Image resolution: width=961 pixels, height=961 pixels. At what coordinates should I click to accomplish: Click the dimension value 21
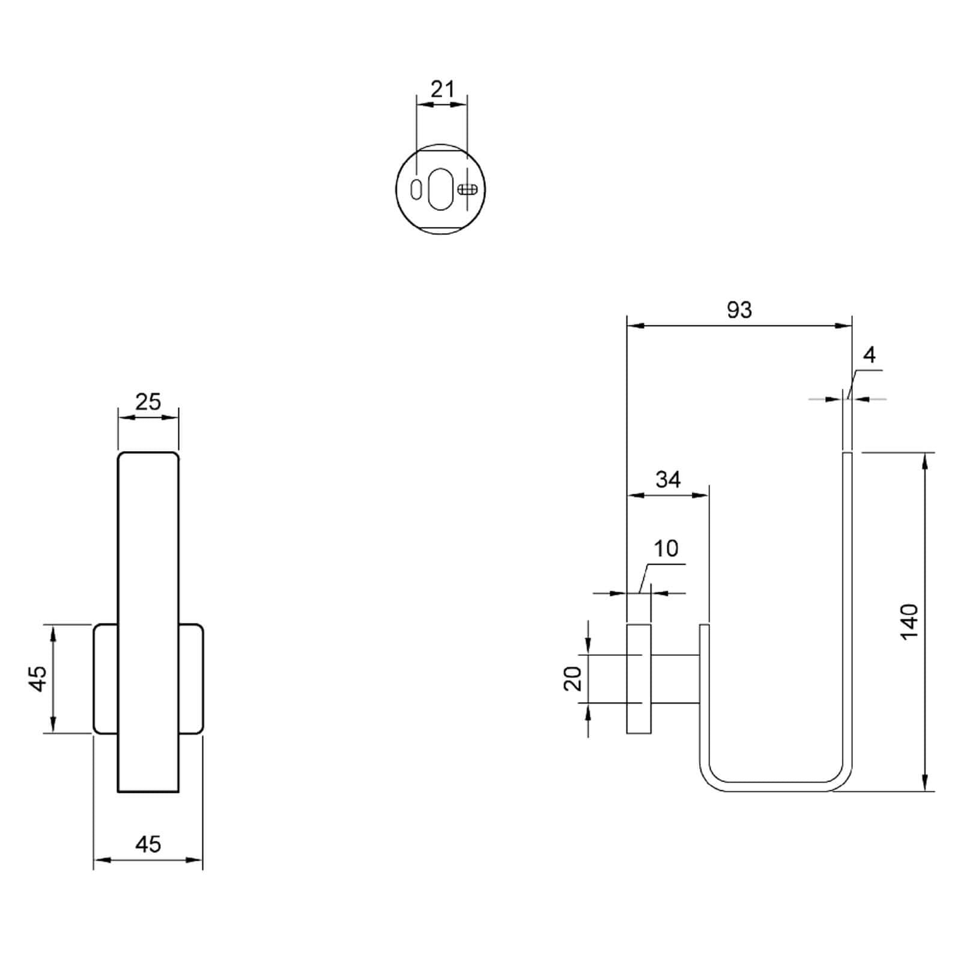443,89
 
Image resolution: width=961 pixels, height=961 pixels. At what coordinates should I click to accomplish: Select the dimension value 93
739,310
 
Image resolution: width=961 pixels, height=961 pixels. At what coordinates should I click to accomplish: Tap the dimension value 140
910,622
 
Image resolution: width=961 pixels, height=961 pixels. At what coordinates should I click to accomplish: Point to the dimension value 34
668,479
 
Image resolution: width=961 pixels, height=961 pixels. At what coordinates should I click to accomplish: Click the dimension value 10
665,548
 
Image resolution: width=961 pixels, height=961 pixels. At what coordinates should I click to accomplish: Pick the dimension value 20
574,679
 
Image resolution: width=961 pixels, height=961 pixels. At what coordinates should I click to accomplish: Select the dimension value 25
148,401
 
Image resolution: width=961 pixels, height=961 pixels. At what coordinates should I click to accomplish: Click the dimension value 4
869,356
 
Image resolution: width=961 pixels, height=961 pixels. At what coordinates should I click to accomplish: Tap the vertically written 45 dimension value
38,679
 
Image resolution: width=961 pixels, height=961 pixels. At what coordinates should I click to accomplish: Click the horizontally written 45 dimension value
148,844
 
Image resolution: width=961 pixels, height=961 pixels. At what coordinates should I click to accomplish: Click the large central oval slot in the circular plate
441,189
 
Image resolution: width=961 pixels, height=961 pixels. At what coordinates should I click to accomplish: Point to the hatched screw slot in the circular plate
467,189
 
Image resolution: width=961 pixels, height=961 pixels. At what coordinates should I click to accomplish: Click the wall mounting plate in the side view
638,679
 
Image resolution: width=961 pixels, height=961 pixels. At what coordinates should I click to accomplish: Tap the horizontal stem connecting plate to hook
675,679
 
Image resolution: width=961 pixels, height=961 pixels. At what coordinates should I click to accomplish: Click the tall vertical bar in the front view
148,622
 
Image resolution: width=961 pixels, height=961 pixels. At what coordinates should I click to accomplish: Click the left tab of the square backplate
106,679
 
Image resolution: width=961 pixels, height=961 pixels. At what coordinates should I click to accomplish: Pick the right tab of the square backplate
191,679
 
